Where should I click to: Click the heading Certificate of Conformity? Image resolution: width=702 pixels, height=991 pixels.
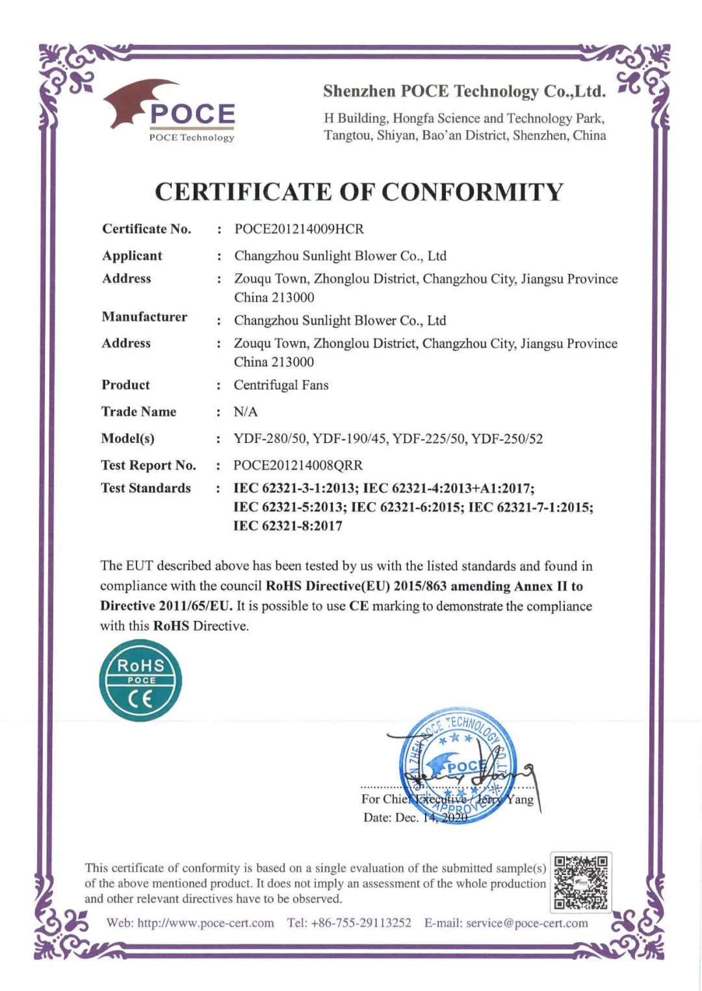pyautogui.click(x=359, y=192)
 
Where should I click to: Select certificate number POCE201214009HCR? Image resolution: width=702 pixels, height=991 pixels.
pyautogui.click(x=299, y=229)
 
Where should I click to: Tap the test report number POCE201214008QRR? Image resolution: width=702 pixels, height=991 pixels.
pyautogui.click(x=298, y=466)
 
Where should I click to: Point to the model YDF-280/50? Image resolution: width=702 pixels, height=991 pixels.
pyautogui.click(x=270, y=439)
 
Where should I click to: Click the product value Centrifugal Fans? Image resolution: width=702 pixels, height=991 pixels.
pyautogui.click(x=281, y=385)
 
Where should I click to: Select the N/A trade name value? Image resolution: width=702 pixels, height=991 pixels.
pyautogui.click(x=246, y=412)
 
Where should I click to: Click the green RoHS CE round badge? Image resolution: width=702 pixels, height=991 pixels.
pyautogui.click(x=140, y=681)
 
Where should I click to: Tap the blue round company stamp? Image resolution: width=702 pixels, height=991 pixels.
pyautogui.click(x=458, y=765)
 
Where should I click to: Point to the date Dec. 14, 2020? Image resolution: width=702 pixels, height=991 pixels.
pyautogui.click(x=415, y=818)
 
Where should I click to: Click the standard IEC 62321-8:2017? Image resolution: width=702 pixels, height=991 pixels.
pyautogui.click(x=288, y=526)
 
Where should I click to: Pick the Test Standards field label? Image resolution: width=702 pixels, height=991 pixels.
pyautogui.click(x=146, y=488)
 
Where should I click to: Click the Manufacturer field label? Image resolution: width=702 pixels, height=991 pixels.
pyautogui.click(x=144, y=317)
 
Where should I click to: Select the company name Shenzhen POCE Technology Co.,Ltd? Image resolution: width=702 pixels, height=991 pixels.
pyautogui.click(x=464, y=92)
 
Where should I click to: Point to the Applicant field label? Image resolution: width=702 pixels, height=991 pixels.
pyautogui.click(x=132, y=256)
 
